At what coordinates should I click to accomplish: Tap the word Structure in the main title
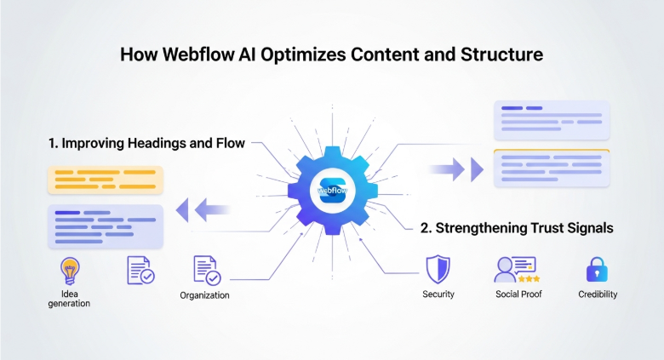point(503,55)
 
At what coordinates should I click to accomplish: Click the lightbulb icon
point(69,271)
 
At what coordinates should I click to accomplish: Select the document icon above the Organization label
point(206,270)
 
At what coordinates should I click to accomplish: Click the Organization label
point(204,295)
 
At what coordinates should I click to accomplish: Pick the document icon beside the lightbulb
point(140,270)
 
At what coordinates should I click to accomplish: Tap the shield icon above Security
point(438,269)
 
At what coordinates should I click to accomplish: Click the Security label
point(438,294)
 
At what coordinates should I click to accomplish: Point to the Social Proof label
point(519,294)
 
